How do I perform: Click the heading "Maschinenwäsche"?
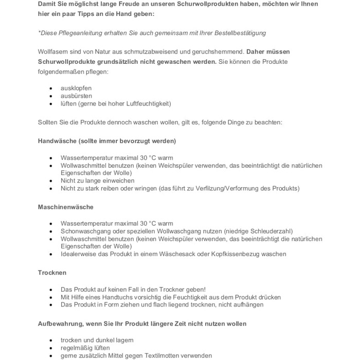click(66, 207)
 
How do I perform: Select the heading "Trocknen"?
click(52, 273)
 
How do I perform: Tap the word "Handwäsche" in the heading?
click(58, 141)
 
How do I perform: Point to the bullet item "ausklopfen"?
click(76, 88)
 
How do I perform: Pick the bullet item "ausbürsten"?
click(76, 96)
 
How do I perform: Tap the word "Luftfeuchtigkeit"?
click(149, 103)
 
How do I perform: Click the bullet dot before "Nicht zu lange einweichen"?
click(51, 181)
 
